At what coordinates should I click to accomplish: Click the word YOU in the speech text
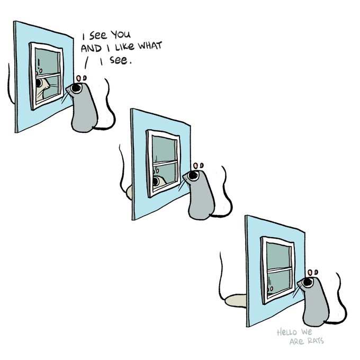click(121, 34)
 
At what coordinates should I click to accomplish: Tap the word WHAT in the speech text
click(150, 46)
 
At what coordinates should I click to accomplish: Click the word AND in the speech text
click(91, 48)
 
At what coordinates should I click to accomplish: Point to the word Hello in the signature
click(287, 332)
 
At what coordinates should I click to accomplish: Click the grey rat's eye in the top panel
click(76, 88)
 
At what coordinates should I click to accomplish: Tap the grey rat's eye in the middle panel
click(193, 176)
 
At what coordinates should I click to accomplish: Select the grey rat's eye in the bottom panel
click(308, 282)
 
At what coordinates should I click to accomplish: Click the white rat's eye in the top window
click(39, 83)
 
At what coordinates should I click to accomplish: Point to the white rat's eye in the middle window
click(156, 182)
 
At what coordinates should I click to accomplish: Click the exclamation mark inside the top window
click(39, 62)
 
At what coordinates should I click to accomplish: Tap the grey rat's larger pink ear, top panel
click(79, 78)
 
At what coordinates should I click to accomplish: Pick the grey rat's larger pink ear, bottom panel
click(310, 273)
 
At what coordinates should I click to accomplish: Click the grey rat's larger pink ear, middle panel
click(195, 166)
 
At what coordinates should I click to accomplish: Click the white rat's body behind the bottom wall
click(236, 300)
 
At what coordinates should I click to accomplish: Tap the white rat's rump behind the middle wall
click(129, 192)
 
